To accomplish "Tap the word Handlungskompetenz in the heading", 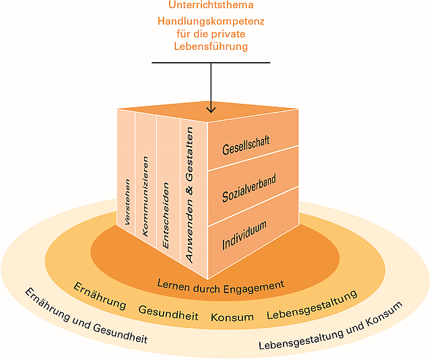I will point(211,21).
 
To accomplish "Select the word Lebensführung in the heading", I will point(211,47).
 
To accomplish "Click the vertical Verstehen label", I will point(127,201).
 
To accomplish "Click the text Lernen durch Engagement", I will point(220,285).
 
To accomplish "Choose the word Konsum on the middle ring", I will point(232,317).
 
